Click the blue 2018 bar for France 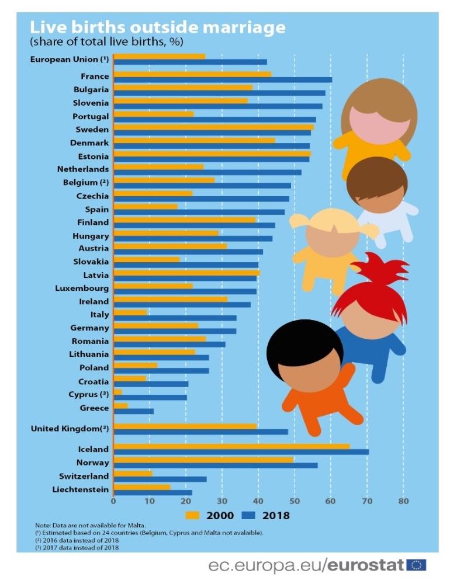222,79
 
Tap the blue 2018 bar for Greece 134,411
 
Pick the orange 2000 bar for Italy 130,313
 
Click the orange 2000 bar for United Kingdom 185,426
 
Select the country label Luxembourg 82,288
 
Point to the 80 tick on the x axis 403,500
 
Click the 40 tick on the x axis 258,500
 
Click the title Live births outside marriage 158,27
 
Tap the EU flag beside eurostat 417,565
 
